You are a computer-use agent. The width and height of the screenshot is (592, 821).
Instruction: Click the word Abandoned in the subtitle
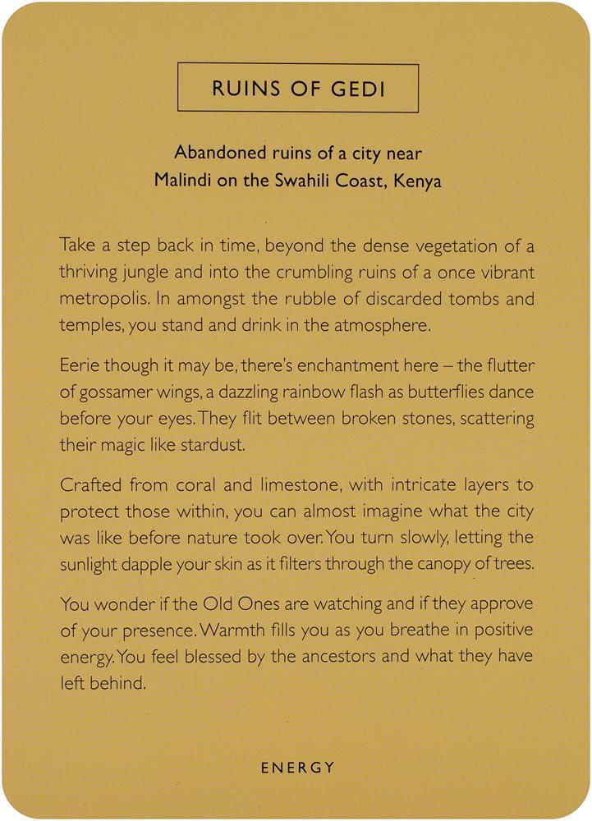218,153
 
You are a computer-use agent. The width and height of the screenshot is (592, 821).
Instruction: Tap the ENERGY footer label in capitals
297,768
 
